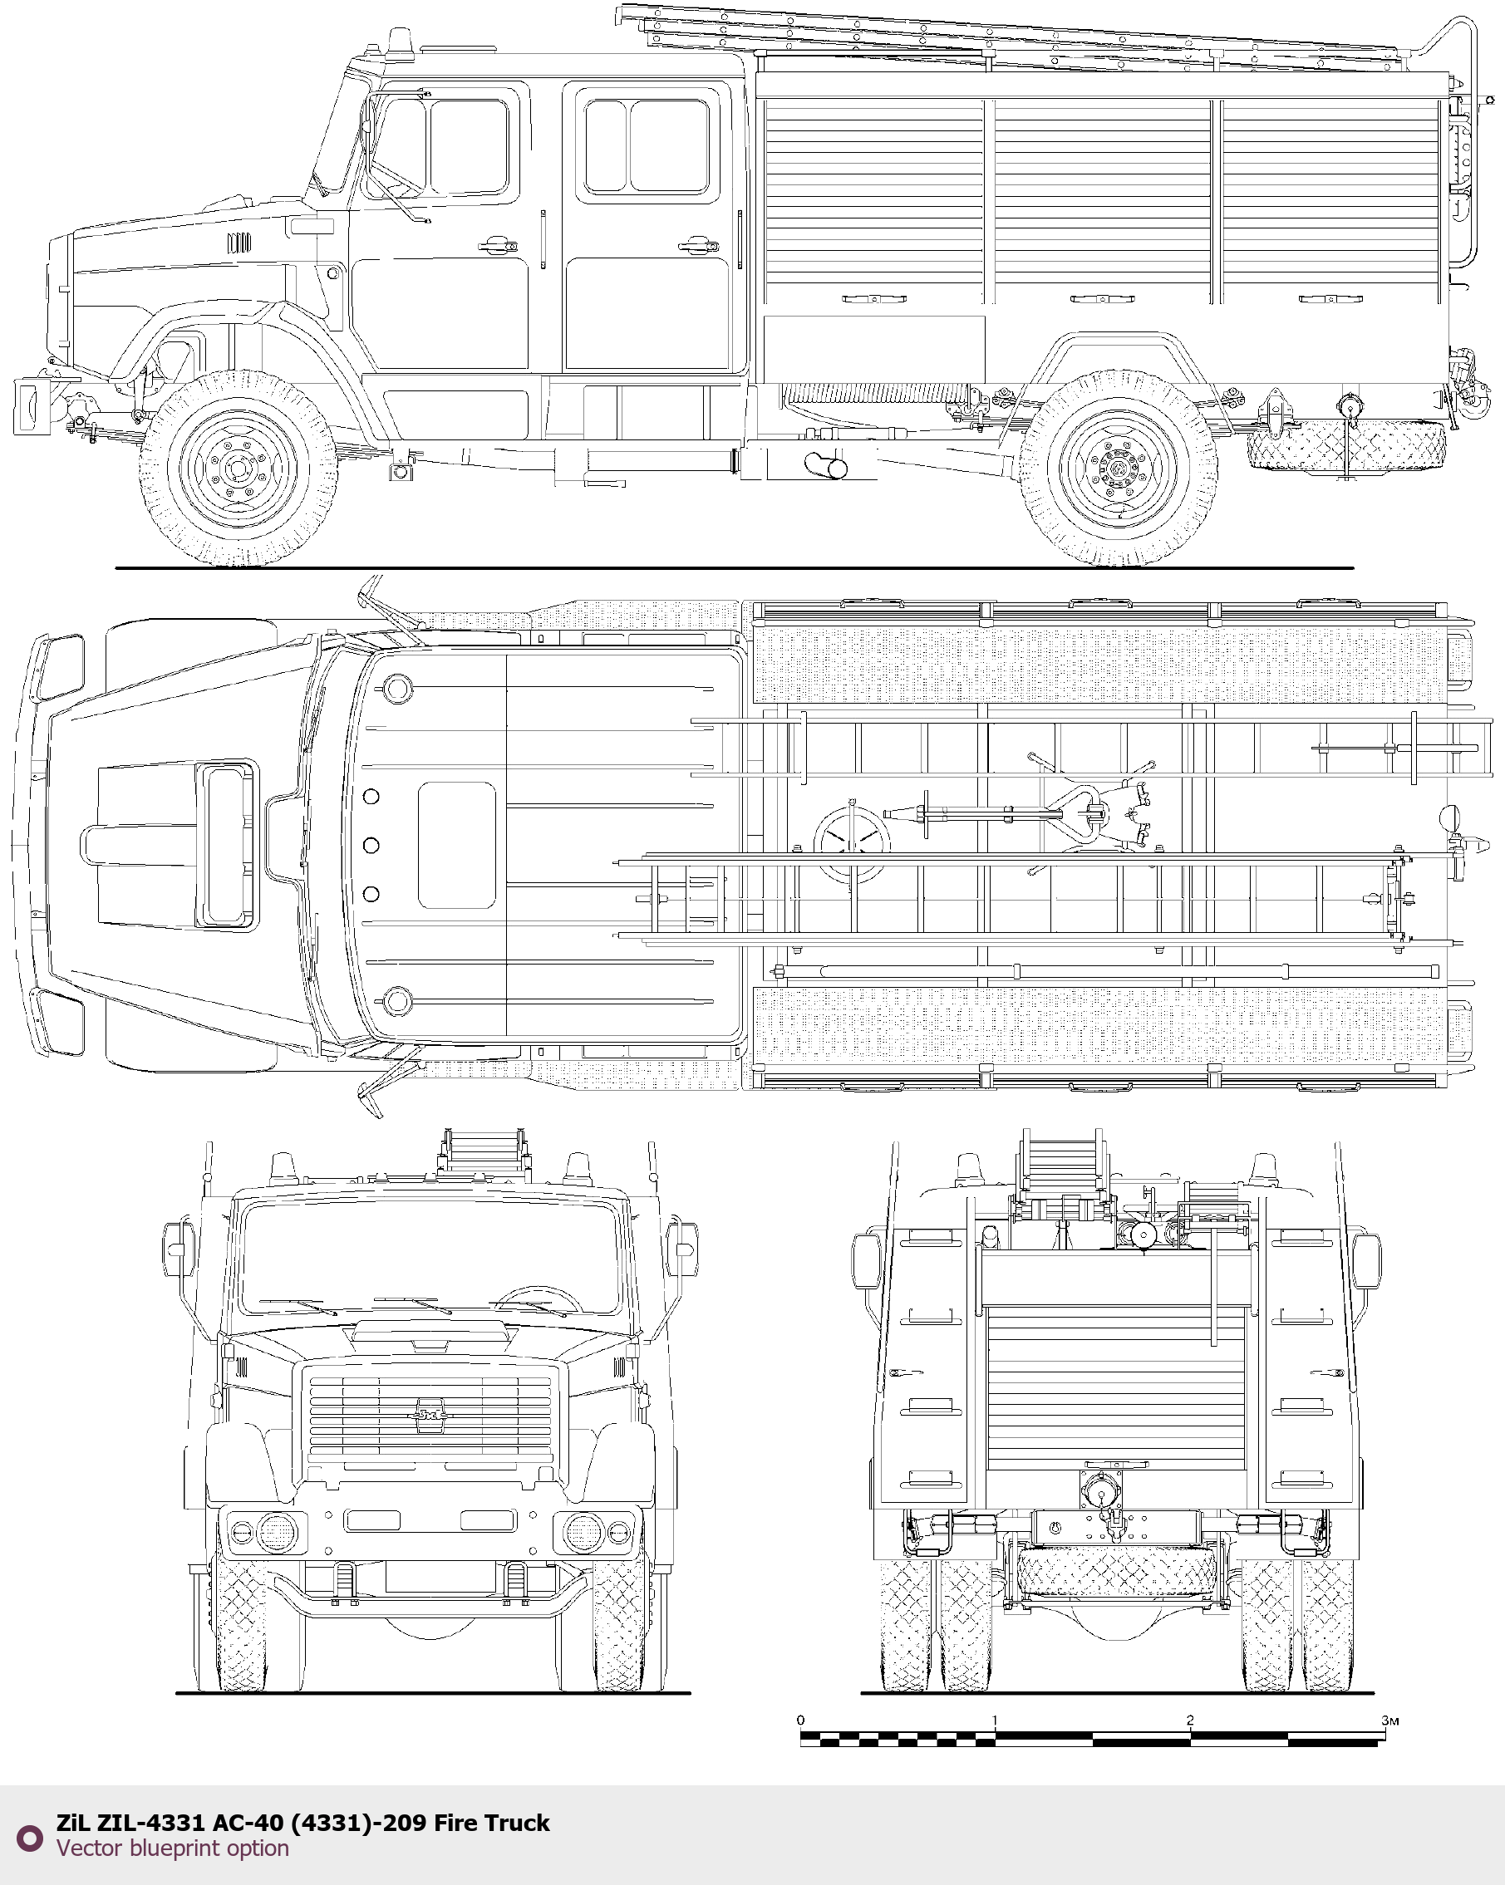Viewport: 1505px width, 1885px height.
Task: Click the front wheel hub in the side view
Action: tap(237, 469)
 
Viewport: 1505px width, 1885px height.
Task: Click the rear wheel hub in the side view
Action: tap(1119, 469)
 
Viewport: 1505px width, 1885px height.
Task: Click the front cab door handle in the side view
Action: tap(496, 245)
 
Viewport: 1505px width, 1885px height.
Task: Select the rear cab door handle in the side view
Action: tap(699, 245)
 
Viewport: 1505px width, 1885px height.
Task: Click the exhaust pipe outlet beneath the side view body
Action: tap(825, 465)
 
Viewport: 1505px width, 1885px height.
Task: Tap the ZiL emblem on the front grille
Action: tap(430, 1415)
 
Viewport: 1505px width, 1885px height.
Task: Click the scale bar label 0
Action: tap(800, 1721)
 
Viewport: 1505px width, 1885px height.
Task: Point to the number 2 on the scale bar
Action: tap(1189, 1721)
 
